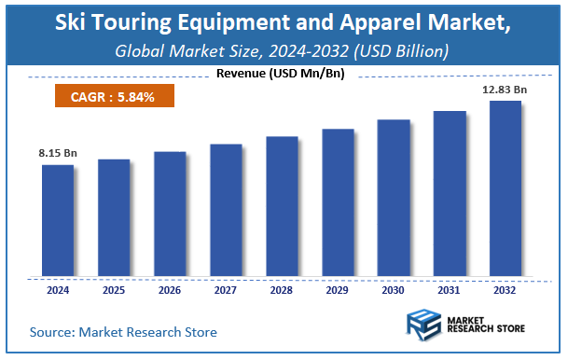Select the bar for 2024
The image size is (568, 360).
click(x=57, y=221)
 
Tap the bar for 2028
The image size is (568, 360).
click(x=281, y=206)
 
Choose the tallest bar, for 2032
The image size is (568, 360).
click(x=505, y=188)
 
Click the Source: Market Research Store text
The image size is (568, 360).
click(x=123, y=332)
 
